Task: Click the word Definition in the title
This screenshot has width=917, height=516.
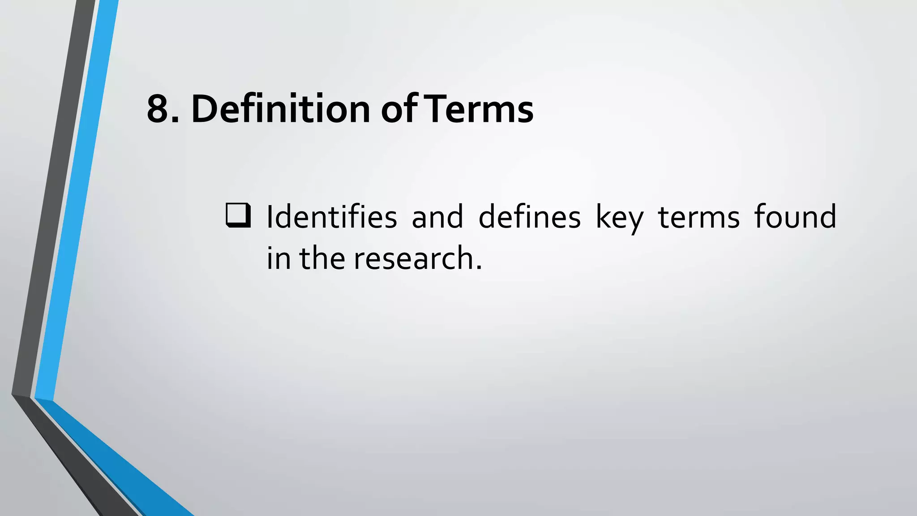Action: (x=281, y=109)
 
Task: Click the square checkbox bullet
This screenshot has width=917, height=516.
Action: (x=238, y=215)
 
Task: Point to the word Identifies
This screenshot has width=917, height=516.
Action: (x=332, y=217)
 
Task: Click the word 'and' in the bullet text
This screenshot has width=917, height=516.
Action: (x=437, y=217)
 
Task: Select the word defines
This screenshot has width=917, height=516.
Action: (x=530, y=217)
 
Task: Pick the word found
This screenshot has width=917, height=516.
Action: (x=795, y=216)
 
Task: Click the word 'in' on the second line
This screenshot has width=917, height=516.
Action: (x=279, y=258)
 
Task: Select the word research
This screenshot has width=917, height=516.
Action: (x=413, y=259)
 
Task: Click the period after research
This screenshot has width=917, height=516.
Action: (x=479, y=268)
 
